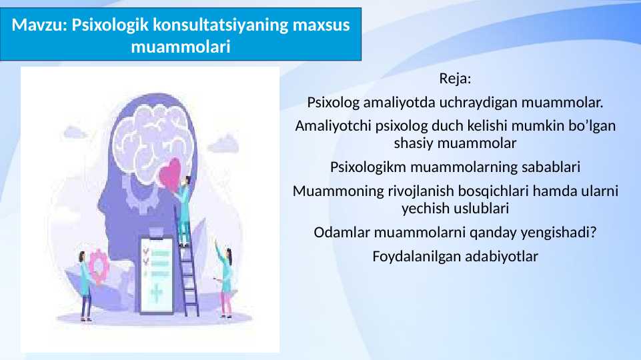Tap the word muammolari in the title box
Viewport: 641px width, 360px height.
point(181,47)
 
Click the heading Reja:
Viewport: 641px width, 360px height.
point(455,79)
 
